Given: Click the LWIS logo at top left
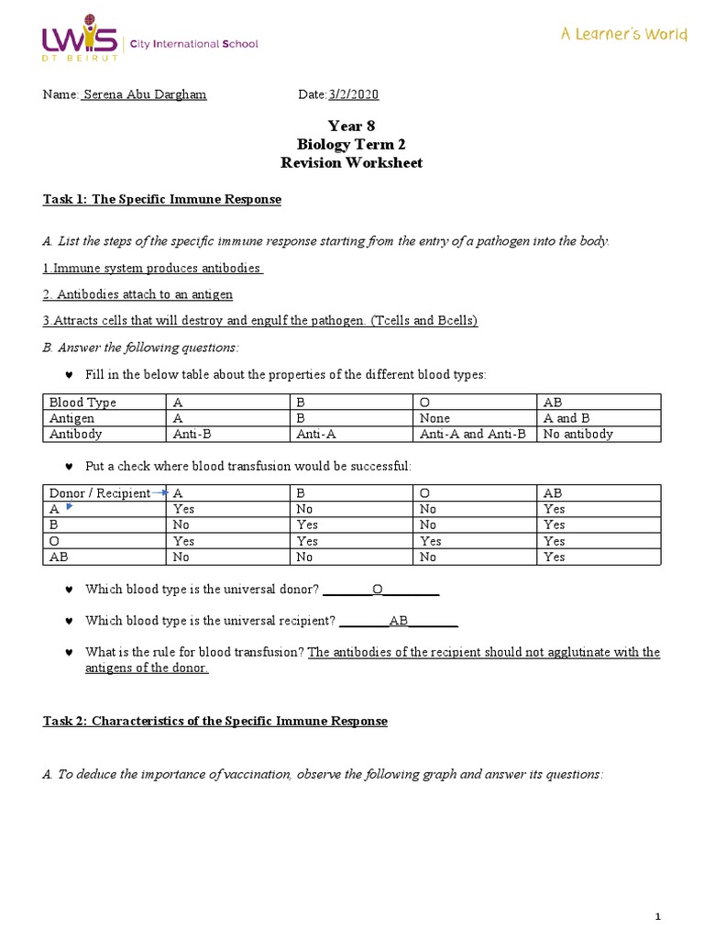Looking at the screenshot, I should coord(80,41).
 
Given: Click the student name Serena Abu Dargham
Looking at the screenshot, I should coord(145,95).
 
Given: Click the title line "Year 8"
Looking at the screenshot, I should coord(351,127).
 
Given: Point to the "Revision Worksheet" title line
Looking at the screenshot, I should coord(351,162).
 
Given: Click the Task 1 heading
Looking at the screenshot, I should coord(162,199).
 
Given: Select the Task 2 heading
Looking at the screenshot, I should coord(215,721).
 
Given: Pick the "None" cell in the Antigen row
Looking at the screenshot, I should coord(434,418).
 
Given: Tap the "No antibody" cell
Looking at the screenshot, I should coord(577,434).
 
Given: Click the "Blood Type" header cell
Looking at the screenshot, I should coord(82,403).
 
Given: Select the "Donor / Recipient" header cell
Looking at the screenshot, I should coord(99,493).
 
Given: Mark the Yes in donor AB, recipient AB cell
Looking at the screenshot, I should coord(554,557).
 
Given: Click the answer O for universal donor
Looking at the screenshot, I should coord(377,589).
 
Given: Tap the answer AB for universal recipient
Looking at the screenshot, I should coord(399,621).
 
